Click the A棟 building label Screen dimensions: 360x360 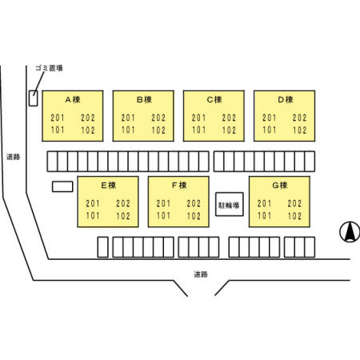tap(73, 100)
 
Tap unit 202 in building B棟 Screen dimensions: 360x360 tap(158, 118)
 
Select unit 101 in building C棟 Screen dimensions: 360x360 tap(198, 130)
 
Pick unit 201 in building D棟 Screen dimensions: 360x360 tap(269, 118)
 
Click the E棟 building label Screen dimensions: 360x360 tap(108, 186)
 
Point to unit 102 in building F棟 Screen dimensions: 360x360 tap(194, 216)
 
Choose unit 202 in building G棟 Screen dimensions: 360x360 tap(294, 203)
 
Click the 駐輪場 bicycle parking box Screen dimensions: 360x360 tap(230, 204)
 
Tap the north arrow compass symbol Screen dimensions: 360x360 tap(350, 232)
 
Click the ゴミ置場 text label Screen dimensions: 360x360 tap(49, 68)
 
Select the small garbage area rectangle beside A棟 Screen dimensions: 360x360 tap(33, 98)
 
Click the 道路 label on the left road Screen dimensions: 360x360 tap(14, 157)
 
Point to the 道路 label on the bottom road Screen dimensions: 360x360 tap(201, 274)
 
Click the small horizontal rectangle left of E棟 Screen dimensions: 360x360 tap(62, 186)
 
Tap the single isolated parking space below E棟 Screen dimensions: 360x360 tap(103, 247)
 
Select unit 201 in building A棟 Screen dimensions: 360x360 tap(58, 118)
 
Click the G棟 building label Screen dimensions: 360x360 tap(279, 186)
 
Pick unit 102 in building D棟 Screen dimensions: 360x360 tap(299, 130)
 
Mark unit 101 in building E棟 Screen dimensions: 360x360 tap(93, 216)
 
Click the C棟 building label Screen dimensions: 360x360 tap(214, 100)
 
